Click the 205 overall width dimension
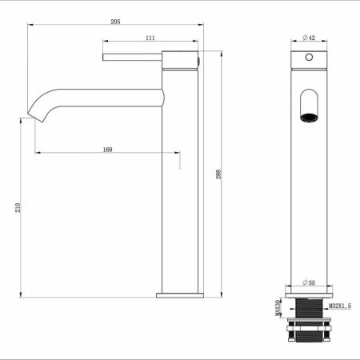(115, 23)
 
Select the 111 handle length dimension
(150, 38)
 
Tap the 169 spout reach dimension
(106, 148)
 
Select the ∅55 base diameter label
(308, 283)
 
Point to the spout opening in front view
(308, 106)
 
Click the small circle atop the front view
(308, 59)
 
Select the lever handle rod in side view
(132, 57)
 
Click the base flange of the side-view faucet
(178, 295)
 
